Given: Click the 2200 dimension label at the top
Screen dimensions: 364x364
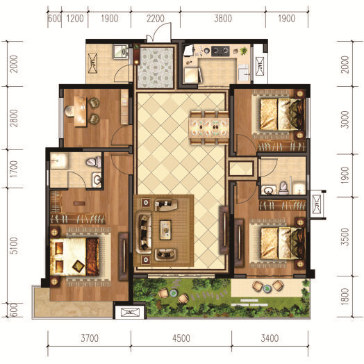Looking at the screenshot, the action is tap(156, 19).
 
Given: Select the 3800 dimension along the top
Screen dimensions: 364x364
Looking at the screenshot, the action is tap(223, 19).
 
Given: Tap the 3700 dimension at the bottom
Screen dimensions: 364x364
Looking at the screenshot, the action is tap(90, 338).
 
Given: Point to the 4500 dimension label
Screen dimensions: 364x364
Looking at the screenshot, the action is tap(181, 338).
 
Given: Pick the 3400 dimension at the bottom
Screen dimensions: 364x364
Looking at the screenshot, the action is tap(270, 338).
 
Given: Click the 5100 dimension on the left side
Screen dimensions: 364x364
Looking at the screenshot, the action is tap(14, 246).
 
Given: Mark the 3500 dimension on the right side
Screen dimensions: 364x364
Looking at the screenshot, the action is tap(345, 237).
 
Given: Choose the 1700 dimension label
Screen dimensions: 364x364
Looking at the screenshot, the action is tap(14, 169).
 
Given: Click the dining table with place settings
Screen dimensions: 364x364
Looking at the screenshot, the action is tap(208, 127).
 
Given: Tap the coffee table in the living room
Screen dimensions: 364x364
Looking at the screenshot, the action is tap(165, 230).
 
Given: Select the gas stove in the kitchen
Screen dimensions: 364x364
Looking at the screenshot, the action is tap(220, 51).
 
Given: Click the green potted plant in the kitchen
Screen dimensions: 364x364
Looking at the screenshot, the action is tap(244, 51).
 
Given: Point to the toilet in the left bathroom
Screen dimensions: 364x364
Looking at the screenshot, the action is tap(94, 161).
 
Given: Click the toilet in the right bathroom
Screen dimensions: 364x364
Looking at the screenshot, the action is tap(283, 188).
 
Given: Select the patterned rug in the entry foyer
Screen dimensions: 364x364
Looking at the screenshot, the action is tap(156, 68).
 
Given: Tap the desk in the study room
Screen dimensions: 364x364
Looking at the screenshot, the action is tap(81, 111).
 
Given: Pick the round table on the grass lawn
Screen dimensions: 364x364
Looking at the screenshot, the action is tap(173, 293).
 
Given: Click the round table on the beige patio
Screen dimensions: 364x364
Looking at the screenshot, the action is tap(267, 288).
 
